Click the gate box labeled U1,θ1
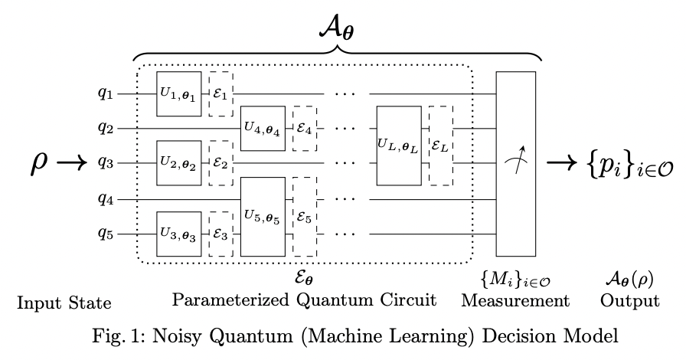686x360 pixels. click(179, 94)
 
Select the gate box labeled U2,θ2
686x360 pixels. click(179, 163)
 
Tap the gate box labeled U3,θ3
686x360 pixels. click(179, 232)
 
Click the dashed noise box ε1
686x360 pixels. click(221, 94)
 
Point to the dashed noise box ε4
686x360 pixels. click(305, 129)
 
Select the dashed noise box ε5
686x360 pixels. click(305, 215)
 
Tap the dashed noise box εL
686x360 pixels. click(440, 146)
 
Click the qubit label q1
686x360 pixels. click(105, 94)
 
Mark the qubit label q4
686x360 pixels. click(105, 198)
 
